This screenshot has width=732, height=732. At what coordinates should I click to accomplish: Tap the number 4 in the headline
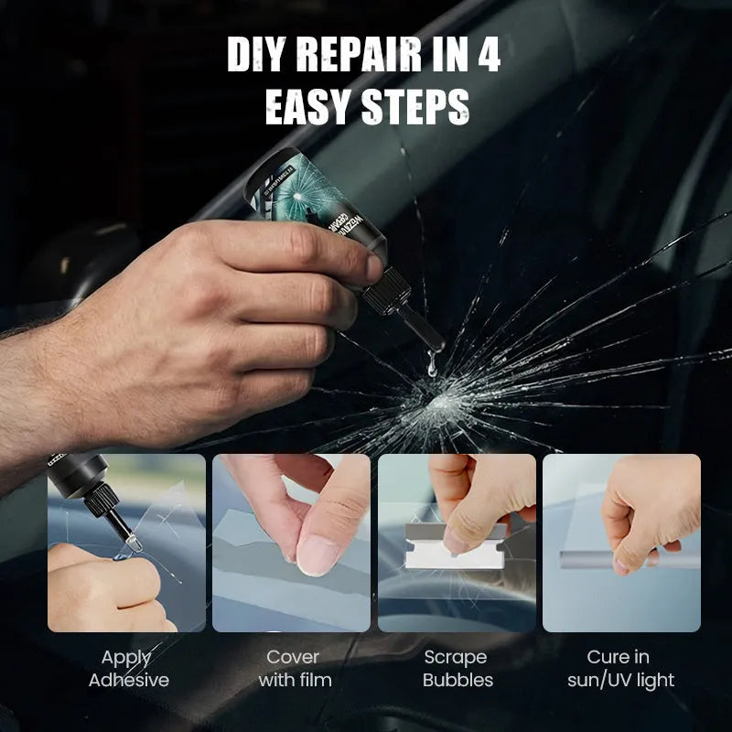point(485,58)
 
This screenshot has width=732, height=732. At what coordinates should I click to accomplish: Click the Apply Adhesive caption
point(127,668)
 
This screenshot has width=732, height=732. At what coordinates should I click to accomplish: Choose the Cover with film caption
point(292,668)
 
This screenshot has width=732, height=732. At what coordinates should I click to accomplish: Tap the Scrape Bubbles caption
point(457,668)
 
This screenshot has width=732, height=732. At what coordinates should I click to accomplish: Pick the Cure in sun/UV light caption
point(621,668)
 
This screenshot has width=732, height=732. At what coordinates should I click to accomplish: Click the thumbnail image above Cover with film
point(292,543)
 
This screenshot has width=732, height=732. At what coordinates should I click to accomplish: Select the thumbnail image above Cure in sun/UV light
point(621,543)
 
